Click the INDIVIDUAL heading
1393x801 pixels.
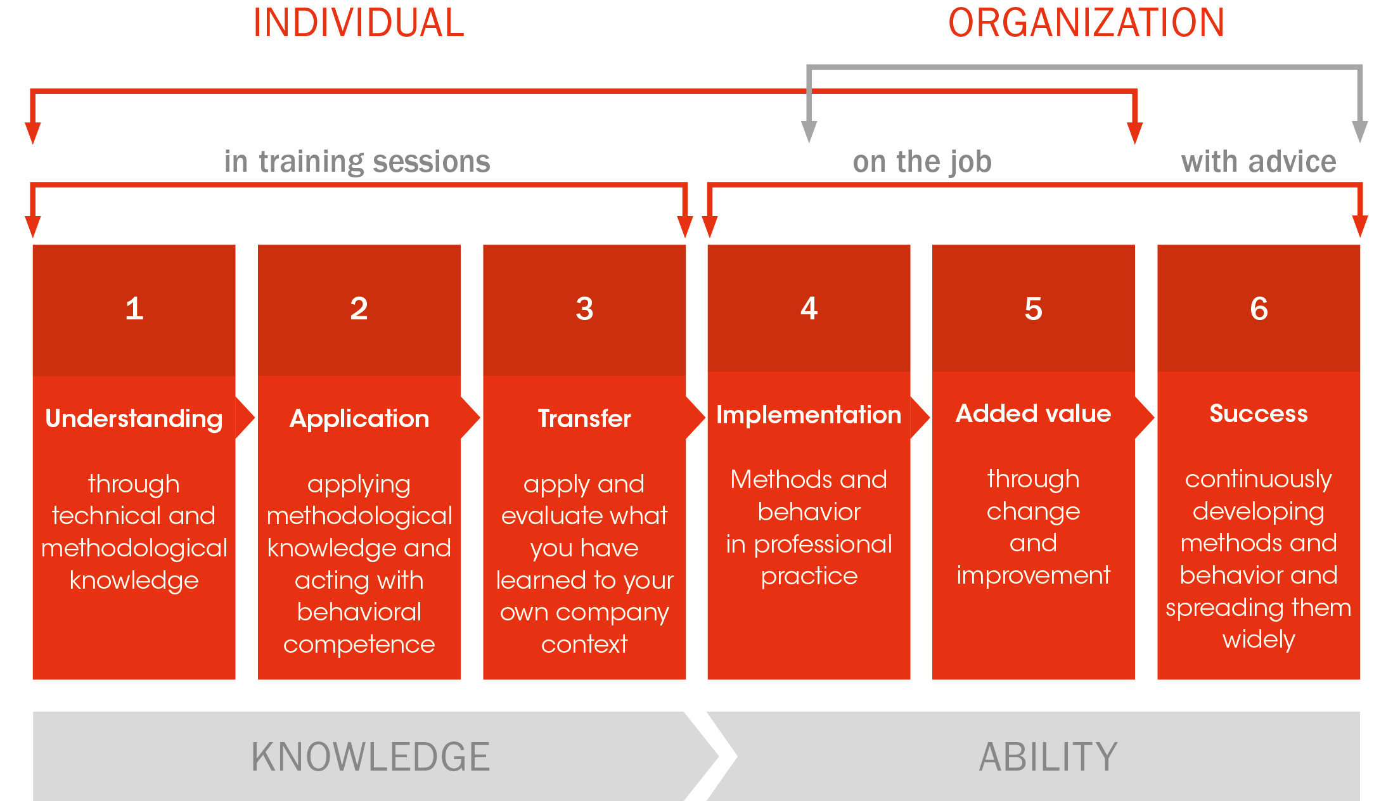tap(359, 23)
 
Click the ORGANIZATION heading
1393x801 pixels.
tap(1086, 23)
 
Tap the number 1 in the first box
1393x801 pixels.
tap(134, 309)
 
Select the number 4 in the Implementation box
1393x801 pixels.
tap(809, 309)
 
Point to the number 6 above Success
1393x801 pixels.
tap(1259, 309)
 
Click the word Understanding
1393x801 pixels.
tap(134, 419)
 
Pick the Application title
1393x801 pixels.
tap(359, 419)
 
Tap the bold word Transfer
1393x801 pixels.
tap(584, 419)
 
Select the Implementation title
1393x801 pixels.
tap(809, 415)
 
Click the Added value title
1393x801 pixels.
tap(1034, 414)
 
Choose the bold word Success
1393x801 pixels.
tap(1259, 414)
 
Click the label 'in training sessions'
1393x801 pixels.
tap(357, 162)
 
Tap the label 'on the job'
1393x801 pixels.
tap(922, 162)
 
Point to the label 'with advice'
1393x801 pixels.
tap(1259, 162)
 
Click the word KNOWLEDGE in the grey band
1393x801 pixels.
tap(371, 757)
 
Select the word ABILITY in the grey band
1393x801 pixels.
tap(1048, 757)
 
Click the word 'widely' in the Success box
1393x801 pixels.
tap(1259, 639)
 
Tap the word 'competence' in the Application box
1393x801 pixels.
tap(359, 644)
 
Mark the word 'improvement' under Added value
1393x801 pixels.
tap(1034, 575)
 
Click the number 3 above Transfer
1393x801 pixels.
tap(584, 309)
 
